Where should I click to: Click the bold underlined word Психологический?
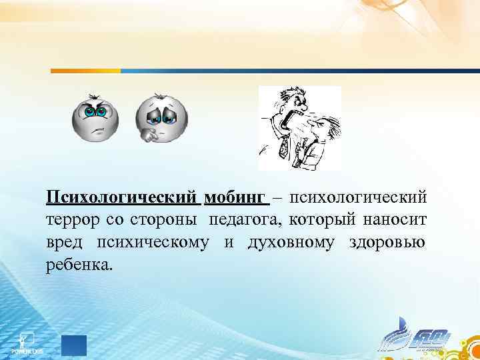coord(121,198)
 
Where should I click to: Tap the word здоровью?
coord(386,242)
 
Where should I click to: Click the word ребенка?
coord(80,264)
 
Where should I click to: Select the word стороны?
coord(167,220)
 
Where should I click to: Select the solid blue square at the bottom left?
coord(74,345)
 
